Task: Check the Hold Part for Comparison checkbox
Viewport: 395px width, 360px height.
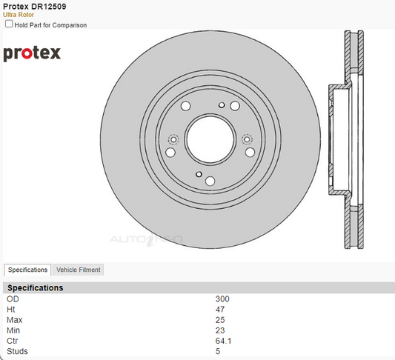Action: coord(9,24)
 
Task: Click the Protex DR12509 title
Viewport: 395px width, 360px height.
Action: coord(35,6)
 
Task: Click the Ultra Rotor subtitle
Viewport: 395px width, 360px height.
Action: coord(19,15)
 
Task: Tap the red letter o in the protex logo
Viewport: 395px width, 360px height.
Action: coord(27,53)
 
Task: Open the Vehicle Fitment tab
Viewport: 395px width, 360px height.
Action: coord(78,270)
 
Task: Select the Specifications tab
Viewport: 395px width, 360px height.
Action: coord(27,270)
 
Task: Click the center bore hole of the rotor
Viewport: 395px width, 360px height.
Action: coord(210,139)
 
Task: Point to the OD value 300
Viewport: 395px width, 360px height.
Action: coord(222,299)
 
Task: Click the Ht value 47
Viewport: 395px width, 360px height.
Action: coord(220,310)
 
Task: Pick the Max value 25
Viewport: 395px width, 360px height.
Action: coord(220,320)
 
